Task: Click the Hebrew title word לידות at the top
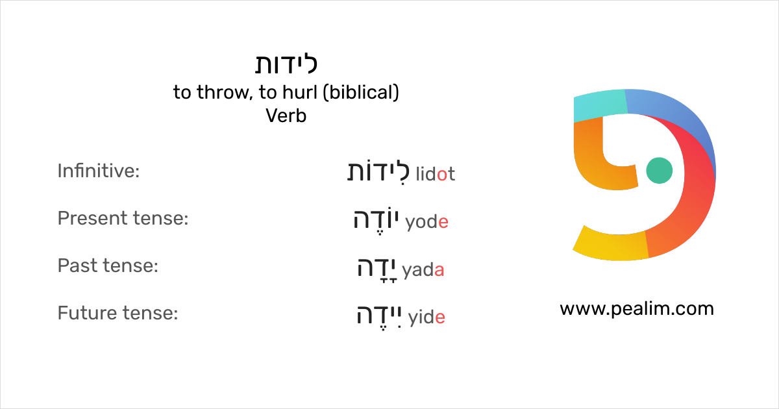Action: (x=286, y=65)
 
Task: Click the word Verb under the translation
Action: (x=286, y=116)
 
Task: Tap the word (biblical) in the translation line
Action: (x=362, y=93)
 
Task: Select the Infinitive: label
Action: (x=99, y=171)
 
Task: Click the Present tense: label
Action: (x=123, y=219)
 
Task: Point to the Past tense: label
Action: (x=108, y=266)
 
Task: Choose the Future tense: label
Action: (x=117, y=314)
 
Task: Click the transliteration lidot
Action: (x=435, y=174)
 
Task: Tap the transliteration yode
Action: (x=427, y=223)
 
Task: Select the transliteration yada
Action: (x=423, y=271)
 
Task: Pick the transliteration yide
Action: (x=427, y=318)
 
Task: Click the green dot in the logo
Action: (x=660, y=170)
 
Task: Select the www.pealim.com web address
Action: (x=636, y=309)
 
